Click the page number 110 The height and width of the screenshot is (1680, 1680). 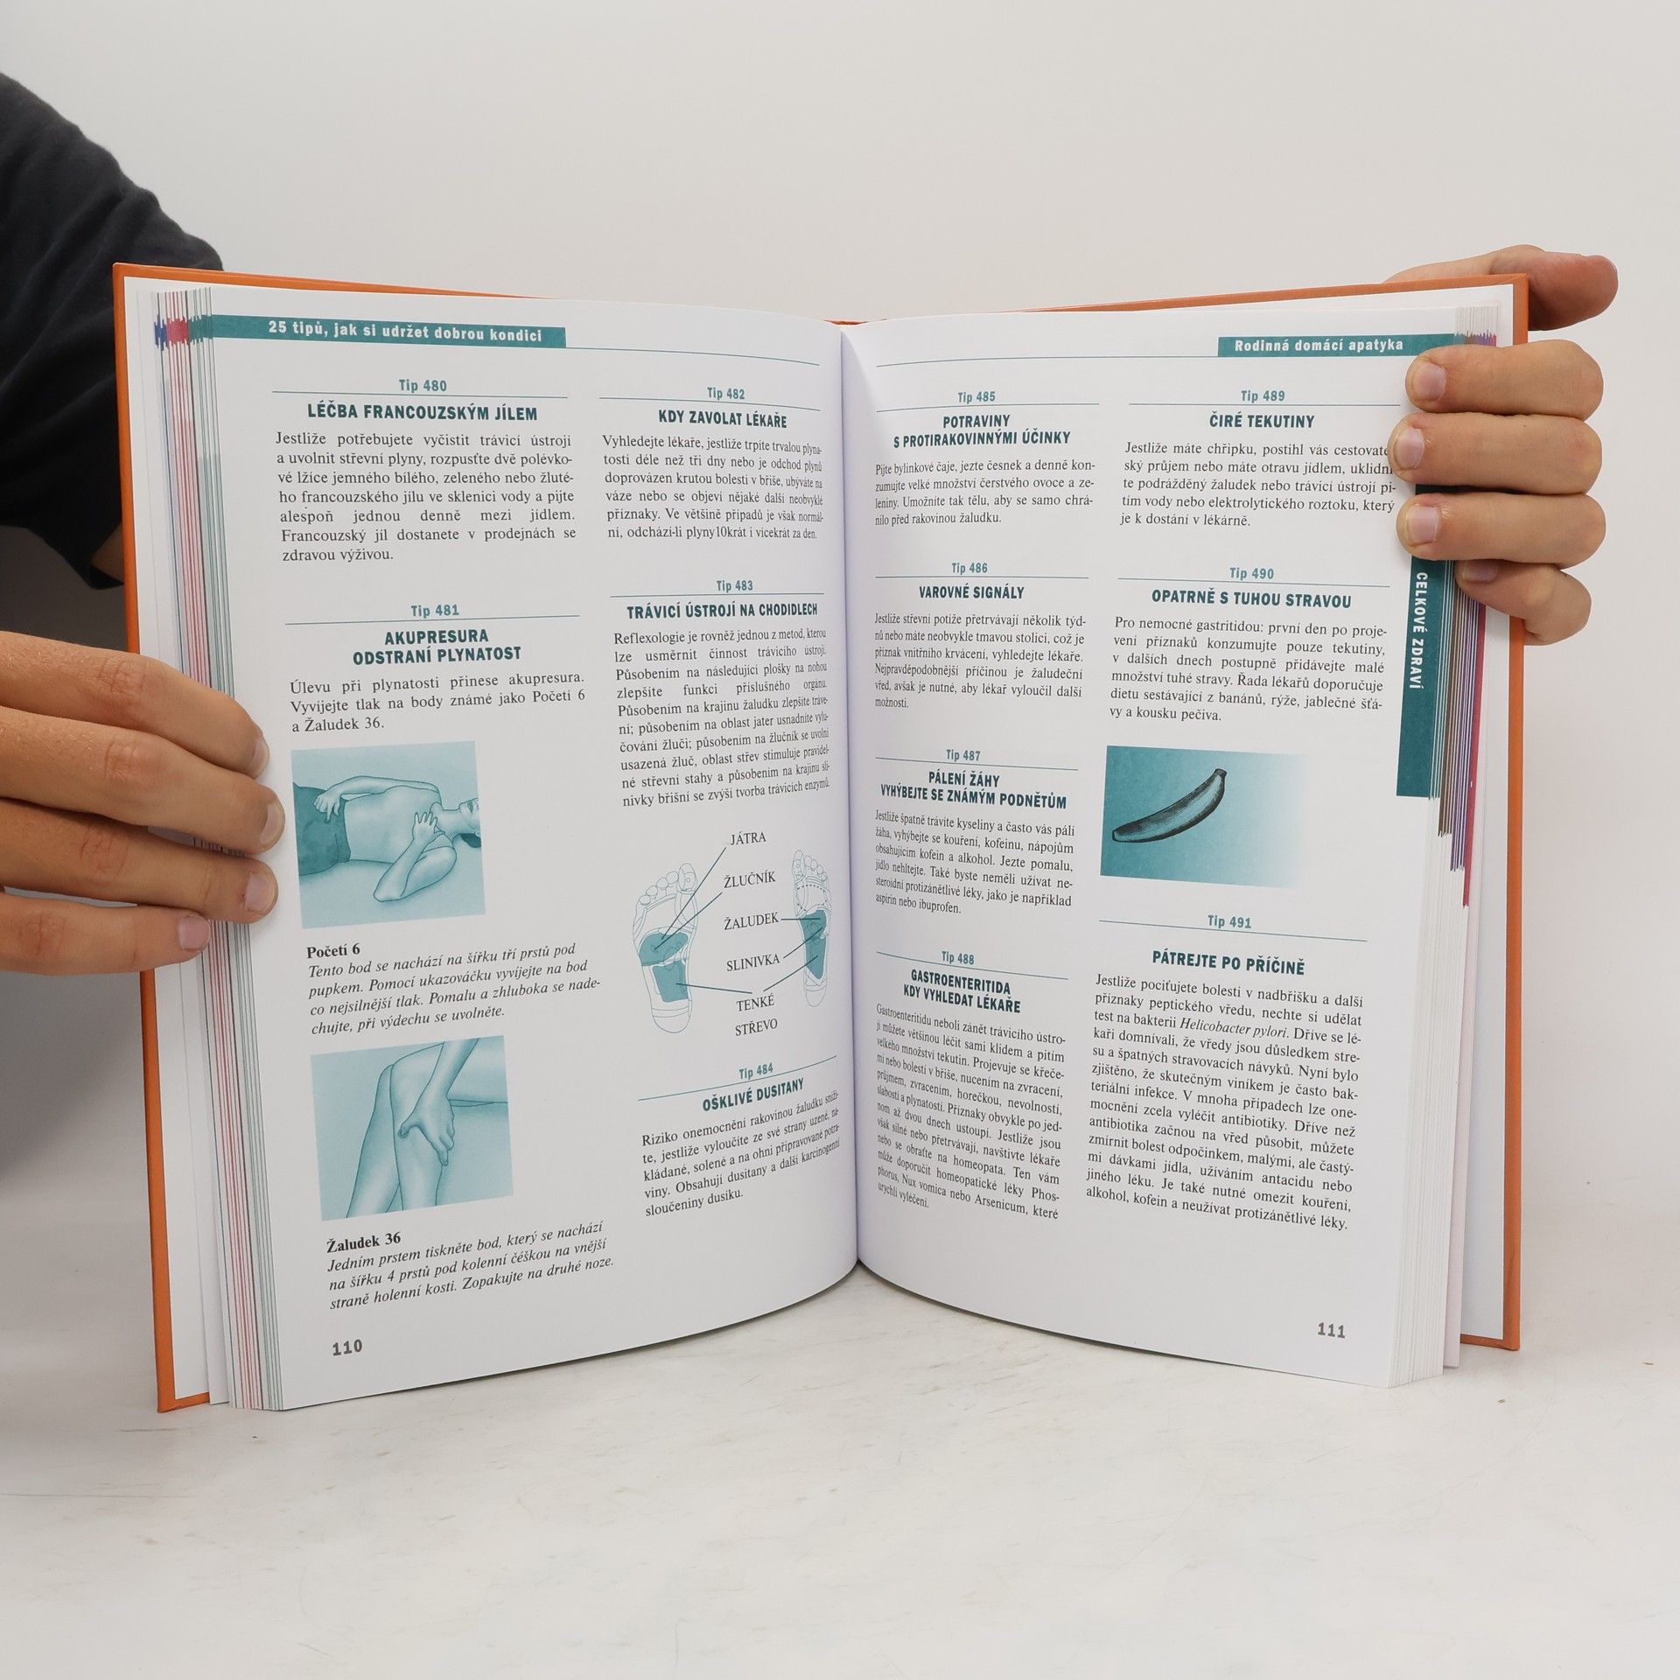click(x=346, y=1371)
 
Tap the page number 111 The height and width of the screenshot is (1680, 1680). click(x=1331, y=1332)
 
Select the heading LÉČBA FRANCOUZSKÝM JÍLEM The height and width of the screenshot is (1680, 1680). click(x=423, y=414)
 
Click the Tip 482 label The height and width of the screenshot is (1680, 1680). click(x=726, y=394)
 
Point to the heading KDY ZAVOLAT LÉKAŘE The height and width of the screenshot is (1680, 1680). click(x=722, y=417)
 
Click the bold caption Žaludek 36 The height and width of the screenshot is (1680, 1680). click(x=363, y=1239)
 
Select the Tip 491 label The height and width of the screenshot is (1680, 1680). click(x=1229, y=922)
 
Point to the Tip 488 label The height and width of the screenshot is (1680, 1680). click(x=957, y=958)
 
